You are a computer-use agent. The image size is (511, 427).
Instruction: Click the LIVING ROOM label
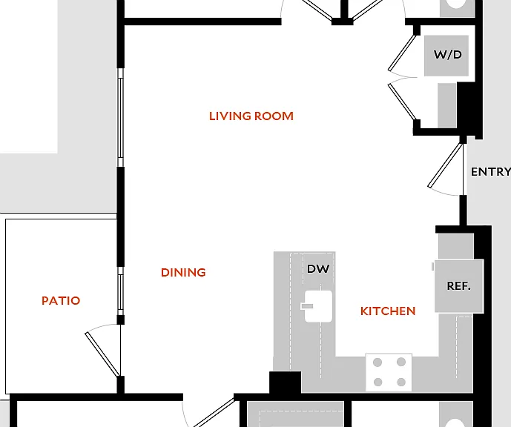[251, 116]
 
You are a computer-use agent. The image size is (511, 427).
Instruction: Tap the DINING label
[183, 272]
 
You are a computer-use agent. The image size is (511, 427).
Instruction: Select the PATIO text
[61, 301]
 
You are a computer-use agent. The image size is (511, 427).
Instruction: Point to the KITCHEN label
[388, 311]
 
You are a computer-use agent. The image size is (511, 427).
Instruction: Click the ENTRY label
[491, 172]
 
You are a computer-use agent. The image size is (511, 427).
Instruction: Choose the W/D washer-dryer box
[446, 56]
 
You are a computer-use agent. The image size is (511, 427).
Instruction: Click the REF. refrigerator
[459, 286]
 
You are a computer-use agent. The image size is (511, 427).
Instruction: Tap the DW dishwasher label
[318, 268]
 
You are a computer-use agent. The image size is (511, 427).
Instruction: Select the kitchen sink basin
[318, 306]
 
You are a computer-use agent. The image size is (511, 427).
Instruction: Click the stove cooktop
[389, 372]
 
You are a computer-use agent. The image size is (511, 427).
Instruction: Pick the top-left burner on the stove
[378, 363]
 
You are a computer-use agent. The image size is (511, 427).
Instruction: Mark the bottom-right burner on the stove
[401, 382]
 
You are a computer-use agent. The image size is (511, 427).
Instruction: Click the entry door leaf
[445, 166]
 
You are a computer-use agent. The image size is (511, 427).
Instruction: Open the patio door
[102, 354]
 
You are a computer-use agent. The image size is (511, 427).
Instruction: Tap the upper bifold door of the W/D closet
[402, 53]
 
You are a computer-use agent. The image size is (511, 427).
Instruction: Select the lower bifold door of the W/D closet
[402, 102]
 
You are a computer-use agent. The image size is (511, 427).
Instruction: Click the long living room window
[121, 118]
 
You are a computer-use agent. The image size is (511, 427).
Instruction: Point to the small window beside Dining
[121, 291]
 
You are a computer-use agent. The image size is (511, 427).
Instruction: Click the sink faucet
[306, 306]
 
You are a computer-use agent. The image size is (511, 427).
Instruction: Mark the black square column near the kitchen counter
[285, 383]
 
